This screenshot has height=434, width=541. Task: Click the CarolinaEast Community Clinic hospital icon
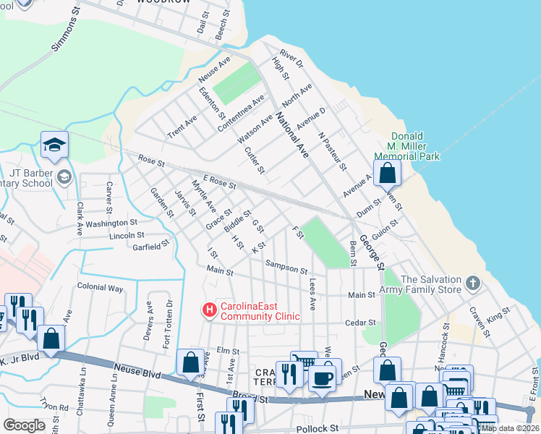coord(210,310)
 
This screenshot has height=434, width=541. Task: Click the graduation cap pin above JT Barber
coord(54,146)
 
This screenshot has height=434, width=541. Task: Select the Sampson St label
coord(286,268)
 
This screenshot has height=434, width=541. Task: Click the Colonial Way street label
coord(100,287)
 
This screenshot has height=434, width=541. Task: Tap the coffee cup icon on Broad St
coord(323,377)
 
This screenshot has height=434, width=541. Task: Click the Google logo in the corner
coord(25,425)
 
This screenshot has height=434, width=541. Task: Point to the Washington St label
coord(111,224)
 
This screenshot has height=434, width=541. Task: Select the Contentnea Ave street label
coord(248,109)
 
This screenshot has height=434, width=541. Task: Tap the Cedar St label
coord(362,323)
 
